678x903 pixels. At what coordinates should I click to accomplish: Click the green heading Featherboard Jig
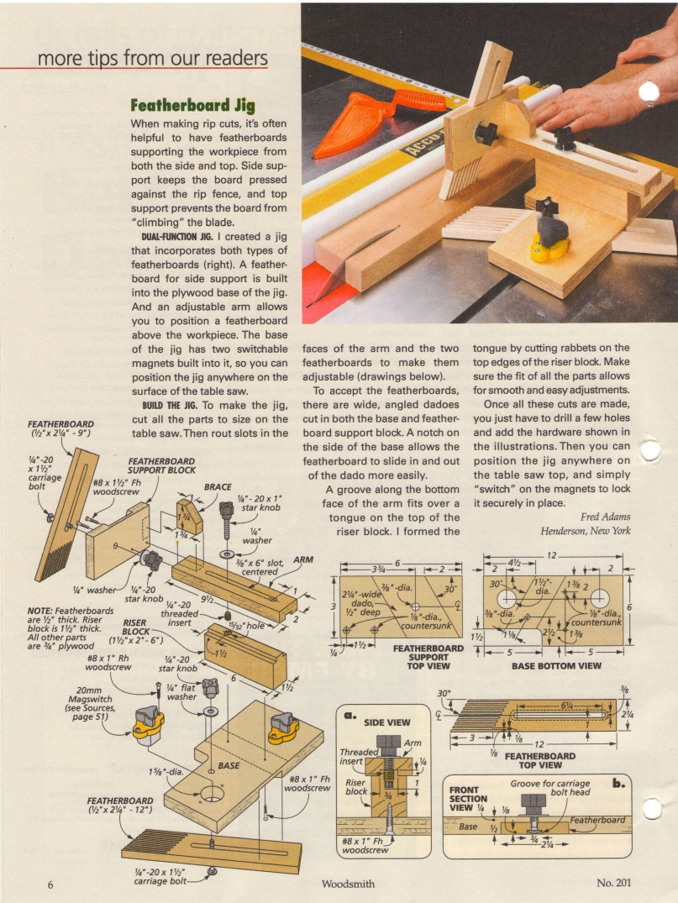tap(192, 106)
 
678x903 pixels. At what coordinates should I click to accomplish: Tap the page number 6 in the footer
tap(50, 883)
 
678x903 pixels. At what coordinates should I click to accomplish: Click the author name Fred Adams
tap(605, 517)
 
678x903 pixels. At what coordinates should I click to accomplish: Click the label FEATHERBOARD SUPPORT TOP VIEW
tap(428, 658)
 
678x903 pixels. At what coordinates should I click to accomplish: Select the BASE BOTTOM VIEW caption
tap(556, 666)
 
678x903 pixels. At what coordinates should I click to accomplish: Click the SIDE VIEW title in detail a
tap(386, 722)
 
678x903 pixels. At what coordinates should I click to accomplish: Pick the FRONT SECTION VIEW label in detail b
tap(464, 799)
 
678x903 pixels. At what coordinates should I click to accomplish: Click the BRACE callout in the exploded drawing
tap(218, 486)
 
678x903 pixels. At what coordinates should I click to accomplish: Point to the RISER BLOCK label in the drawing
tap(135, 627)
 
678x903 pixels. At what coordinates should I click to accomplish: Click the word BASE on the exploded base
tap(229, 765)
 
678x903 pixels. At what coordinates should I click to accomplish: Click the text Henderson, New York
tap(586, 531)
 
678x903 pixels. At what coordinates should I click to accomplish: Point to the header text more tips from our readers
tap(153, 58)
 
